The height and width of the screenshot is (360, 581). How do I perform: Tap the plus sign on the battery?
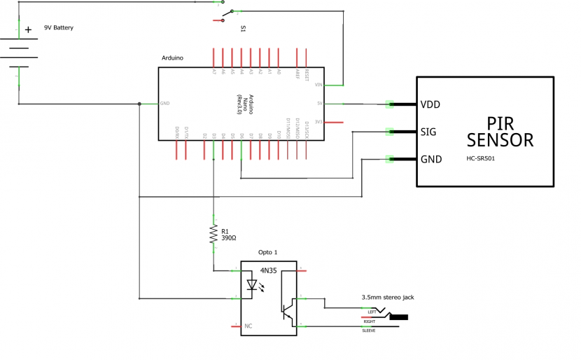(x=28, y=29)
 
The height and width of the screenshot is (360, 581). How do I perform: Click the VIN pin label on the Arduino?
(x=318, y=85)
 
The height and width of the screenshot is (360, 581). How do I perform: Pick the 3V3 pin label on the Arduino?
(x=318, y=122)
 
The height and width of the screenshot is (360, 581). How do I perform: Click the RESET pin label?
(x=307, y=72)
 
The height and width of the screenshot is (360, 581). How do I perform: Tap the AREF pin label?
(x=297, y=72)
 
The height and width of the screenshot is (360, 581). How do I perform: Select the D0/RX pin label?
(x=177, y=131)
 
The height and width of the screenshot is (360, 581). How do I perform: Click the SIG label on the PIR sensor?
(x=429, y=131)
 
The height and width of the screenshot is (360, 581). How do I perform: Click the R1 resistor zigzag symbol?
(x=213, y=234)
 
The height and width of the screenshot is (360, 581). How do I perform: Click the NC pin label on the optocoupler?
(x=248, y=326)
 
